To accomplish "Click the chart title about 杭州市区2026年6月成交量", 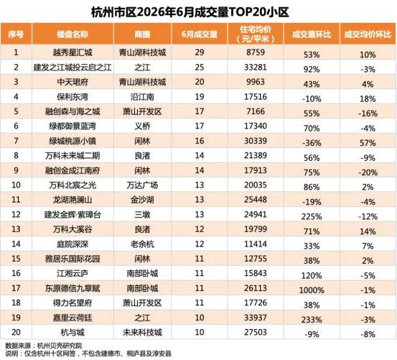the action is tap(190, 12).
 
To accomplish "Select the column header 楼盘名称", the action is tap(73, 34).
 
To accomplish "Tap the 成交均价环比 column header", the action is tap(368, 34).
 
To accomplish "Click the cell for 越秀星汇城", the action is tap(73, 52).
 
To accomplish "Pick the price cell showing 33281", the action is tap(256, 67).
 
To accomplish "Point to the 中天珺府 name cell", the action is tap(73, 82).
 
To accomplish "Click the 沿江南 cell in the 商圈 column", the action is tap(142, 97).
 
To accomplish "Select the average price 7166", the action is tap(256, 111).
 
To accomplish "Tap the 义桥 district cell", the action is tap(142, 126).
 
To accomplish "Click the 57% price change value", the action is tap(368, 143).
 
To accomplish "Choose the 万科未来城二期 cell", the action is tap(73, 155).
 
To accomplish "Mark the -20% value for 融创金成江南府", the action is tap(368, 172).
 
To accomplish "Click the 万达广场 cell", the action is tap(142, 185).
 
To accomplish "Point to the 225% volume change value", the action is tap(312, 216).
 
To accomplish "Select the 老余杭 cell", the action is tap(142, 244).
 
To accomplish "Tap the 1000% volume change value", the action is tap(312, 290).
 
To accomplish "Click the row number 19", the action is tap(16, 318).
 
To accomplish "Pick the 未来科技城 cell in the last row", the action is tap(142, 333).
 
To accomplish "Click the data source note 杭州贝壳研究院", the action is tap(60, 346).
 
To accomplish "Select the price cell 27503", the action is tap(256, 332).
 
